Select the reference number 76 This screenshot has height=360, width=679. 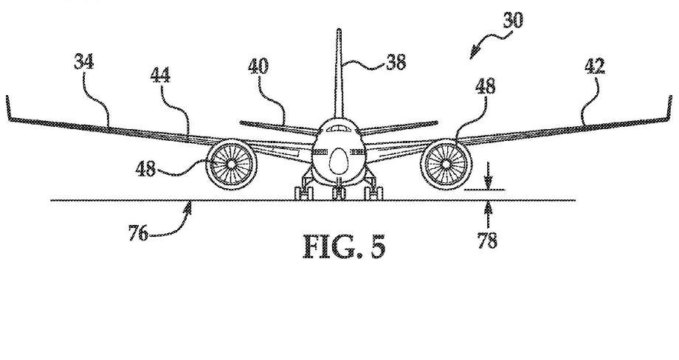[x=138, y=234]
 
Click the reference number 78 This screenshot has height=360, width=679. [x=486, y=240]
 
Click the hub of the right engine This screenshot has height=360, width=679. [x=446, y=164]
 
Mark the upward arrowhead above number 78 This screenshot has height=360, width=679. [x=486, y=208]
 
